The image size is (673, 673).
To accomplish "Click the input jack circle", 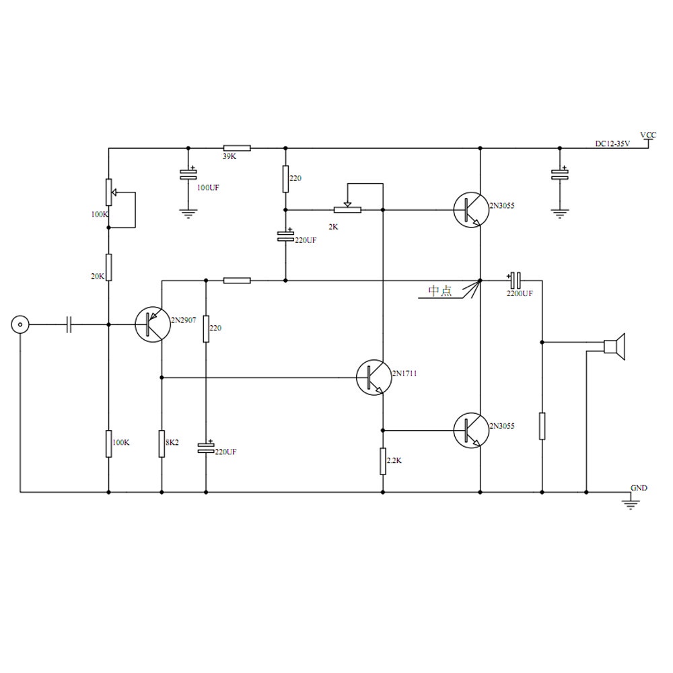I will pos(20,325).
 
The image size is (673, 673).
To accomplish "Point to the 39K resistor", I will pos(237,147).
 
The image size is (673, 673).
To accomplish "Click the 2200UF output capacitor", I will pos(515,279).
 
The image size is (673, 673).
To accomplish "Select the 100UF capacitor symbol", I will pos(188,175).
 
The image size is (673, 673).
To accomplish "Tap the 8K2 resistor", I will pos(162,443).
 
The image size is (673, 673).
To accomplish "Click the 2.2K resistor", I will pos(382,461).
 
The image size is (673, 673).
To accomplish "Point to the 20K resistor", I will pos(108,267).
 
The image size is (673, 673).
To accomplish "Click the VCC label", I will pos(648,135).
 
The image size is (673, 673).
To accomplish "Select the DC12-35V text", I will pos(612,143).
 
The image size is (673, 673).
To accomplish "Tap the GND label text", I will pos(639,487).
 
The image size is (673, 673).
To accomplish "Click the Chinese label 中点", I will pos(441,291).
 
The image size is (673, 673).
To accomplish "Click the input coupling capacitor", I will pos(69,325).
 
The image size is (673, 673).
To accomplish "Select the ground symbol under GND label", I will pos(631,502).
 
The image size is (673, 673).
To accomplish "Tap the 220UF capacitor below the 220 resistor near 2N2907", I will pos(206,446).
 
